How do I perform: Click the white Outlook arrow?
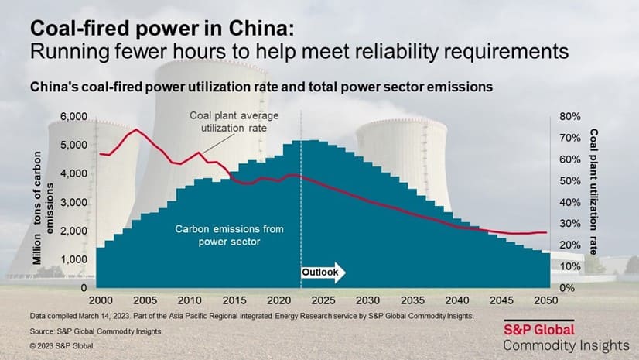[x=323, y=273]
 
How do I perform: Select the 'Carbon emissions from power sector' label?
[x=219, y=235]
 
